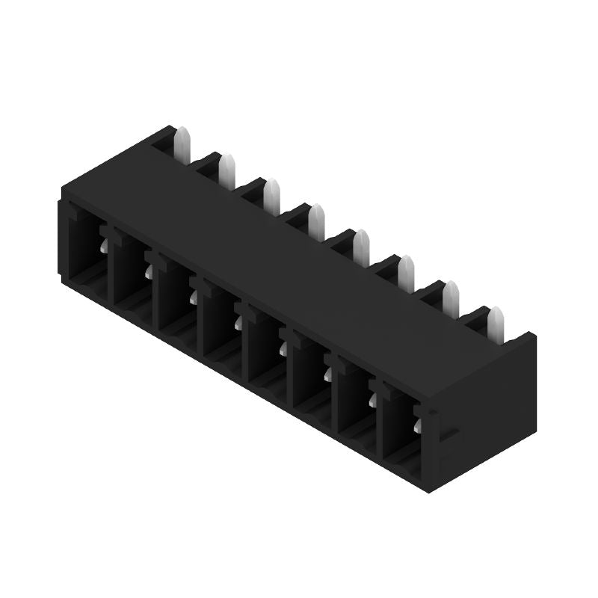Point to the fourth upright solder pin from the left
317,218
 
